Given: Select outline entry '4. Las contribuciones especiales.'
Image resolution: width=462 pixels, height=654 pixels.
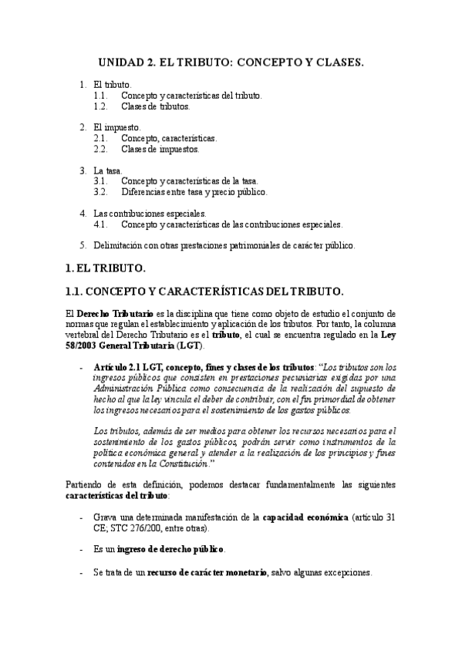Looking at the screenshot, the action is point(150,213).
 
